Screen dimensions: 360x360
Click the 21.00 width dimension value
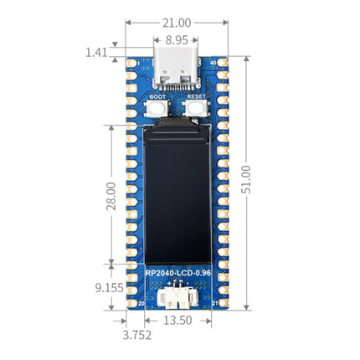point(176,23)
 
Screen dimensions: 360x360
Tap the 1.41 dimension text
point(95,53)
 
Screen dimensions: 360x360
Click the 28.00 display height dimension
point(111,194)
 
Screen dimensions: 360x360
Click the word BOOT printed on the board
point(157,97)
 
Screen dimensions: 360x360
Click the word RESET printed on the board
point(196,97)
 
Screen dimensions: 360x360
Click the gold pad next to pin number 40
point(223,63)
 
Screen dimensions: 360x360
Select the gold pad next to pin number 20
point(131,306)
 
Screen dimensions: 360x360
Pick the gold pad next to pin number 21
point(223,306)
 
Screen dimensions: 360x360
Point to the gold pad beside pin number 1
point(131,63)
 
